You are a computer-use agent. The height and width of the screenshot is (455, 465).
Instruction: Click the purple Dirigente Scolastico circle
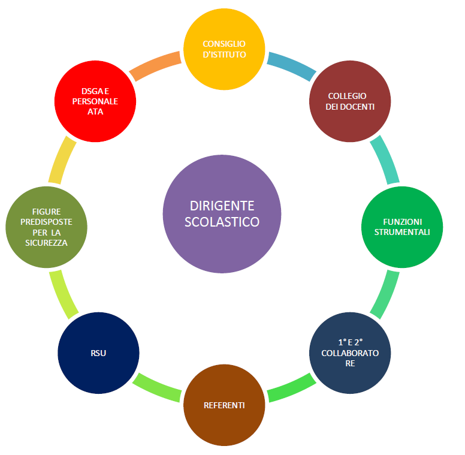pyautogui.click(x=222, y=213)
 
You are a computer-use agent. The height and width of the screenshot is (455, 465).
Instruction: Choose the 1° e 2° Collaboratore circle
pyautogui.click(x=350, y=352)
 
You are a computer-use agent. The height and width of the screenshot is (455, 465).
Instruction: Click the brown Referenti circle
pyautogui.click(x=224, y=405)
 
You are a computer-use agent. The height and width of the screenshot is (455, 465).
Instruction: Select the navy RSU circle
pyautogui.click(x=98, y=352)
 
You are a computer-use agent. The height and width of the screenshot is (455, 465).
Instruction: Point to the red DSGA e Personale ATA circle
pyautogui.click(x=95, y=101)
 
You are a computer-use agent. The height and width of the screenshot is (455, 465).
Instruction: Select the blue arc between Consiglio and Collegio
pyautogui.click(x=291, y=67)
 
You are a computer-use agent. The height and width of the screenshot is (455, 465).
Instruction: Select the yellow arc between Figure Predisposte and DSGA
pyautogui.click(x=62, y=160)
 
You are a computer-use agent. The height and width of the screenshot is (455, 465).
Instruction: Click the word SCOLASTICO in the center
pyautogui.click(x=222, y=221)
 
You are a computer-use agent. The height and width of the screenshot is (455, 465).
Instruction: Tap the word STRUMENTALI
pyautogui.click(x=402, y=231)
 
